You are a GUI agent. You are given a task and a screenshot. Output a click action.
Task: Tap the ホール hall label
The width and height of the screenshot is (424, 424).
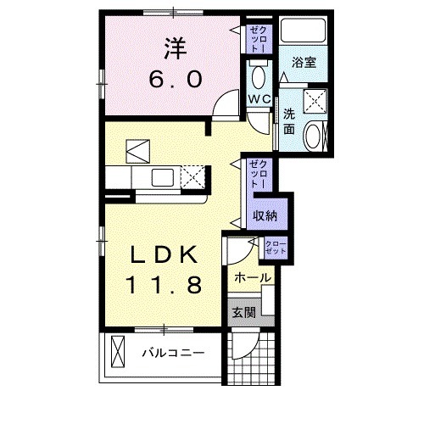tap(252, 278)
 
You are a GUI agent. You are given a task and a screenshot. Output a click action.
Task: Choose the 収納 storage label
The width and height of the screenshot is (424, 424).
tap(265, 215)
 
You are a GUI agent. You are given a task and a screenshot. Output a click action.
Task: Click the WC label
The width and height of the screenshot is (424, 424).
tap(259, 99)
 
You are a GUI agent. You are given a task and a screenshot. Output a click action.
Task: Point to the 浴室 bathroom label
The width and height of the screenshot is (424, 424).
tap(304, 63)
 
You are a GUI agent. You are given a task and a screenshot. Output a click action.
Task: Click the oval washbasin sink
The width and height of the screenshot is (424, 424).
tap(315, 135)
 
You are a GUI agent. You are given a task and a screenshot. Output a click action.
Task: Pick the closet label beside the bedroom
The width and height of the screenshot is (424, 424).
tap(259, 39)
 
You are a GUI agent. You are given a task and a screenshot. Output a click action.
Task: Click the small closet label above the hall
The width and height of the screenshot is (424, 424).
tap(276, 248)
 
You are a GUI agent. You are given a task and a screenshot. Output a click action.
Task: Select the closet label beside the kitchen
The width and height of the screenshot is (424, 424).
tap(259, 174)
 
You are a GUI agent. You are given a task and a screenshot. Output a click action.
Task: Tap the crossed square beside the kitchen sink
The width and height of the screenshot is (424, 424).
tap(194, 179)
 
